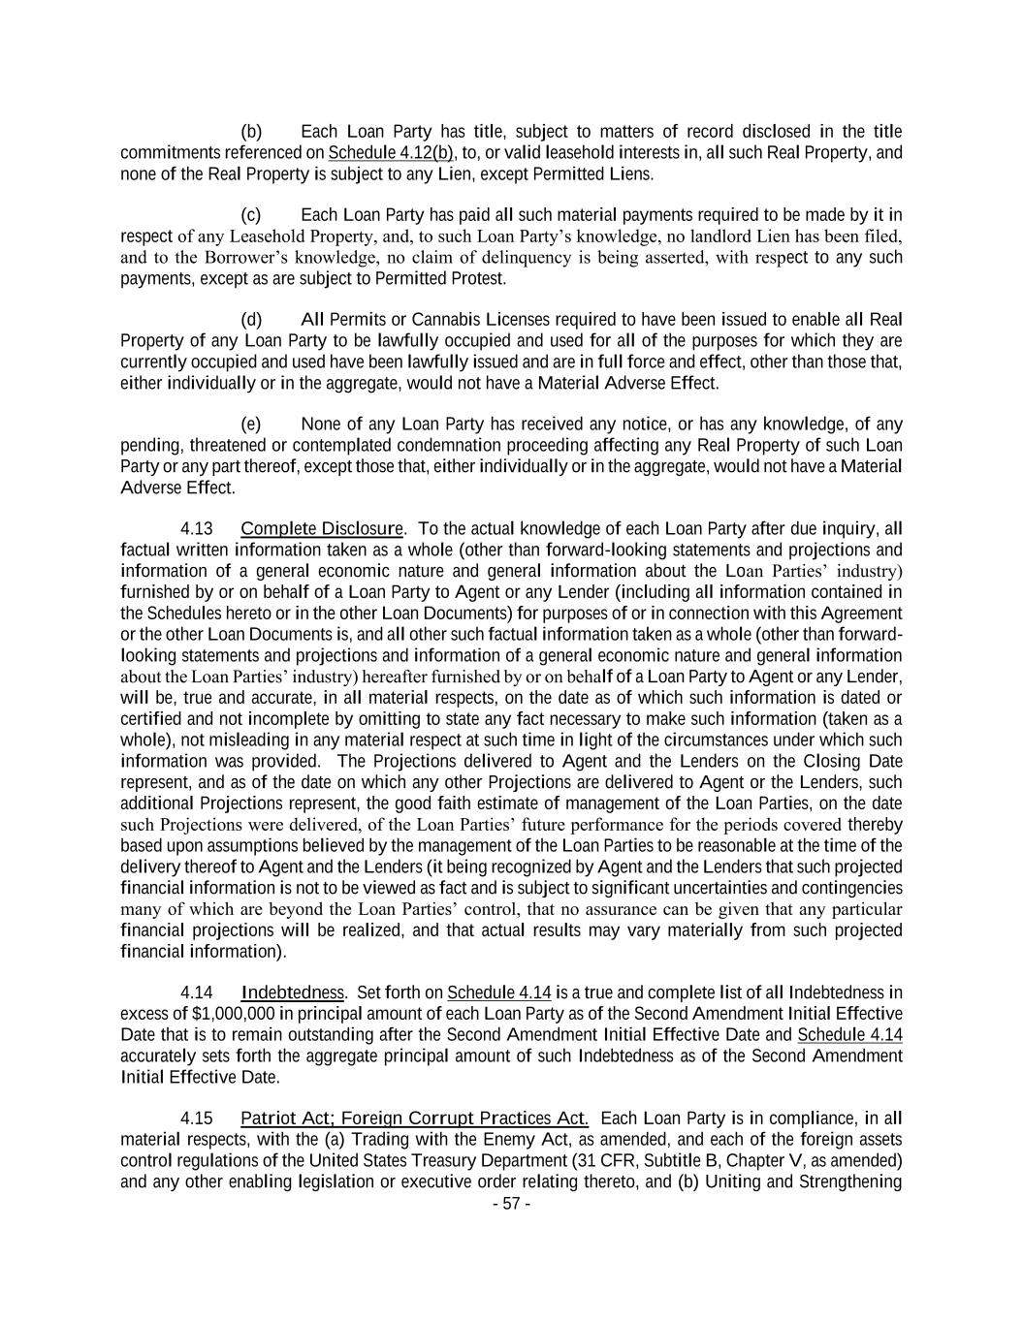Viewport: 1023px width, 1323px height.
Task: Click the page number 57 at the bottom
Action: tap(511, 1204)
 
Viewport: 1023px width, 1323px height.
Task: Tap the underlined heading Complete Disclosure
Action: tap(322, 528)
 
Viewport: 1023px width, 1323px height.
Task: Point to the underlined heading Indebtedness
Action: tap(292, 992)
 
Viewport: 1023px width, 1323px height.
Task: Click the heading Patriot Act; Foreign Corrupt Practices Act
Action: tap(414, 1118)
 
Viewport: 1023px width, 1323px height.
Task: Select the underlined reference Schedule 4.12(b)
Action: tap(391, 153)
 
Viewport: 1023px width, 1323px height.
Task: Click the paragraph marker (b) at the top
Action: tap(251, 132)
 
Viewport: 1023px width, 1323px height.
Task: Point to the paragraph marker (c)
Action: tap(251, 214)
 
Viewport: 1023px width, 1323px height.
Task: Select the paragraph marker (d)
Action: tap(251, 320)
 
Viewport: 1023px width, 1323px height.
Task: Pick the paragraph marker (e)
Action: tap(251, 424)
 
